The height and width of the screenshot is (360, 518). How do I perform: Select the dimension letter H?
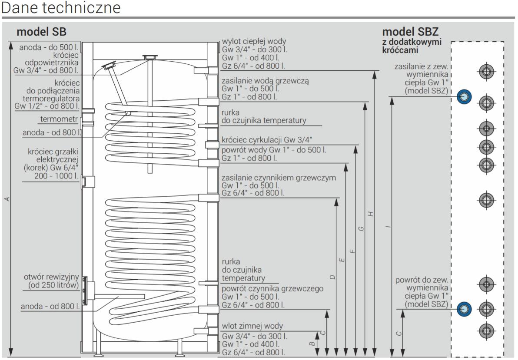[x=370, y=214]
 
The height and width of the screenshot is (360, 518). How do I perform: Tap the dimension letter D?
[x=332, y=277]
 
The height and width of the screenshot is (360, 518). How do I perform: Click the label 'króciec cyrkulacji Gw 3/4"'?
[x=266, y=140]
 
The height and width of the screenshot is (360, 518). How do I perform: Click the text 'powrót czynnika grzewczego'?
[x=266, y=289]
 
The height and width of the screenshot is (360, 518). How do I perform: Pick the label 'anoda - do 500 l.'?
[x=49, y=47]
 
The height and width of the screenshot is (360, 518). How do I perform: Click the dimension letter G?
[x=362, y=228]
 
